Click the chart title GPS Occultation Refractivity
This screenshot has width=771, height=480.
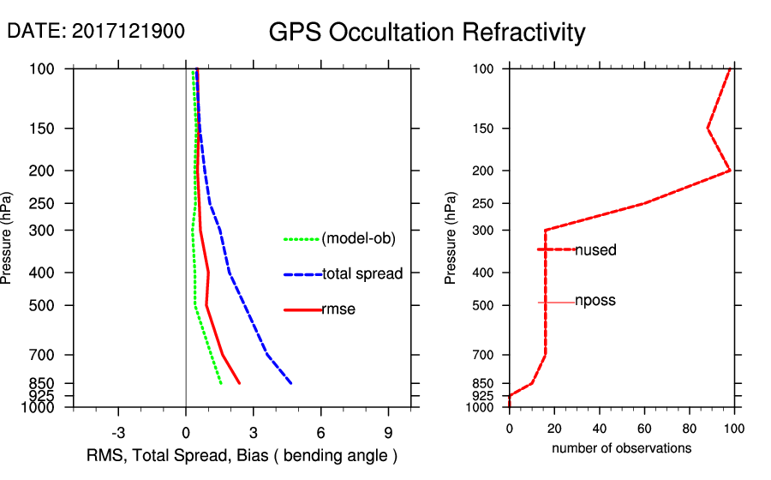[x=427, y=33]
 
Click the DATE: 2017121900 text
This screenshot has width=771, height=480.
[x=96, y=31]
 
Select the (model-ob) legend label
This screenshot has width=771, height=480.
[x=359, y=239]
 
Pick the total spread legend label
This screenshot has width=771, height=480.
[x=362, y=274]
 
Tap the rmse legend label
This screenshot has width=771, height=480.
[x=338, y=309]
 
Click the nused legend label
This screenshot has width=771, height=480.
[x=595, y=250]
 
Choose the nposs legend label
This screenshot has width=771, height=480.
[x=595, y=301]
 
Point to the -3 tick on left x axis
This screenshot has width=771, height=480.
[x=118, y=432]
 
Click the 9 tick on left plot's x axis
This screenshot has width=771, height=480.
[x=388, y=432]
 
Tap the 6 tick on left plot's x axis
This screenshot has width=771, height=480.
[x=320, y=432]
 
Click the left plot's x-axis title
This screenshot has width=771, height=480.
[x=242, y=455]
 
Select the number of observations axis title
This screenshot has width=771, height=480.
[x=621, y=448]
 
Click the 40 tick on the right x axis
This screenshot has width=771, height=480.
[x=600, y=429]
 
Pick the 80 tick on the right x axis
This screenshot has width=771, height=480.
[x=690, y=429]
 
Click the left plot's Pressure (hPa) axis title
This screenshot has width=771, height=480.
[x=8, y=237]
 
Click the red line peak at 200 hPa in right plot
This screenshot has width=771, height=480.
[x=730, y=171]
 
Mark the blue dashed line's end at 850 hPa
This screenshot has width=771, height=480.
[x=291, y=383]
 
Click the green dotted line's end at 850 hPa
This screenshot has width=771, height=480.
[x=221, y=383]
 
